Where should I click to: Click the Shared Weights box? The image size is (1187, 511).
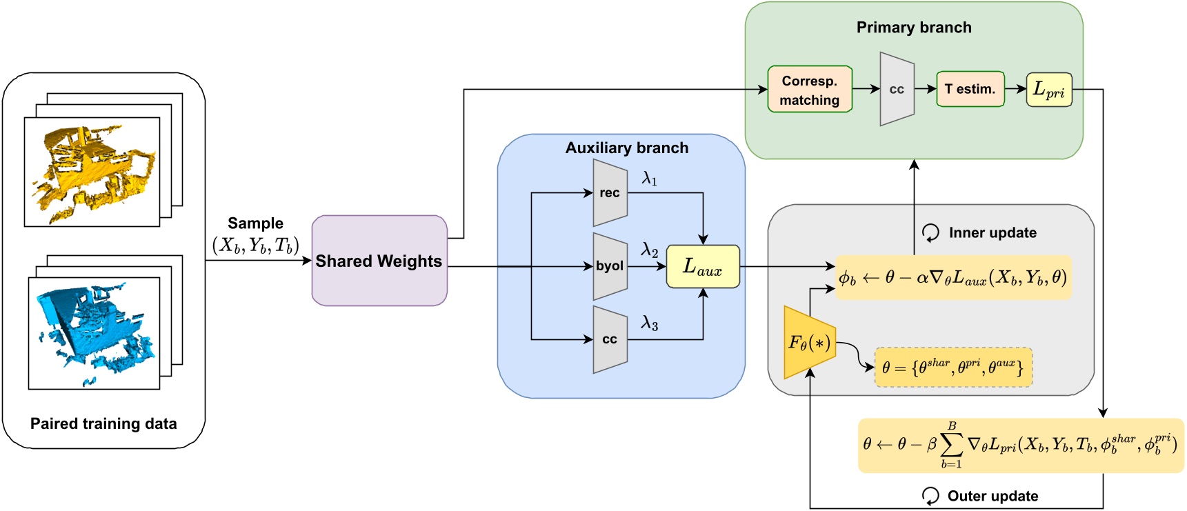[379, 261]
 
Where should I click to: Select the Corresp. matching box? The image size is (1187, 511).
[810, 90]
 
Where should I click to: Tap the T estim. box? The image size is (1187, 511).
[970, 89]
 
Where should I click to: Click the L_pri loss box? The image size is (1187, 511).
[1048, 90]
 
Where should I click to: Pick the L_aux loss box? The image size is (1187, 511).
[702, 267]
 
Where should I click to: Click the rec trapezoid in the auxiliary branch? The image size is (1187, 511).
[610, 193]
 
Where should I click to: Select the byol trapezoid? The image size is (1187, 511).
[610, 266]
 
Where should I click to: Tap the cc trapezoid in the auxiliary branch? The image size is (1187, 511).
[610, 339]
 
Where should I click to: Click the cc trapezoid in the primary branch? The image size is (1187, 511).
[897, 90]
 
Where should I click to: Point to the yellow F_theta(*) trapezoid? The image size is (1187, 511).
[809, 343]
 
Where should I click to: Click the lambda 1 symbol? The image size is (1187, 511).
[649, 179]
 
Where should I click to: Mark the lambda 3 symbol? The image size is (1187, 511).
[649, 323]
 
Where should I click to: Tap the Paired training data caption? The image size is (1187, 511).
[103, 423]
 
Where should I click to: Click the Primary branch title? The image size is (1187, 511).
[913, 28]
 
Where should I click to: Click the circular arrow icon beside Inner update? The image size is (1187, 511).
[930, 233]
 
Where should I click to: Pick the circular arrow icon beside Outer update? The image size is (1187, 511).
[930, 496]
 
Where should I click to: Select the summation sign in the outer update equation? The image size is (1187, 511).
[951, 445]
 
